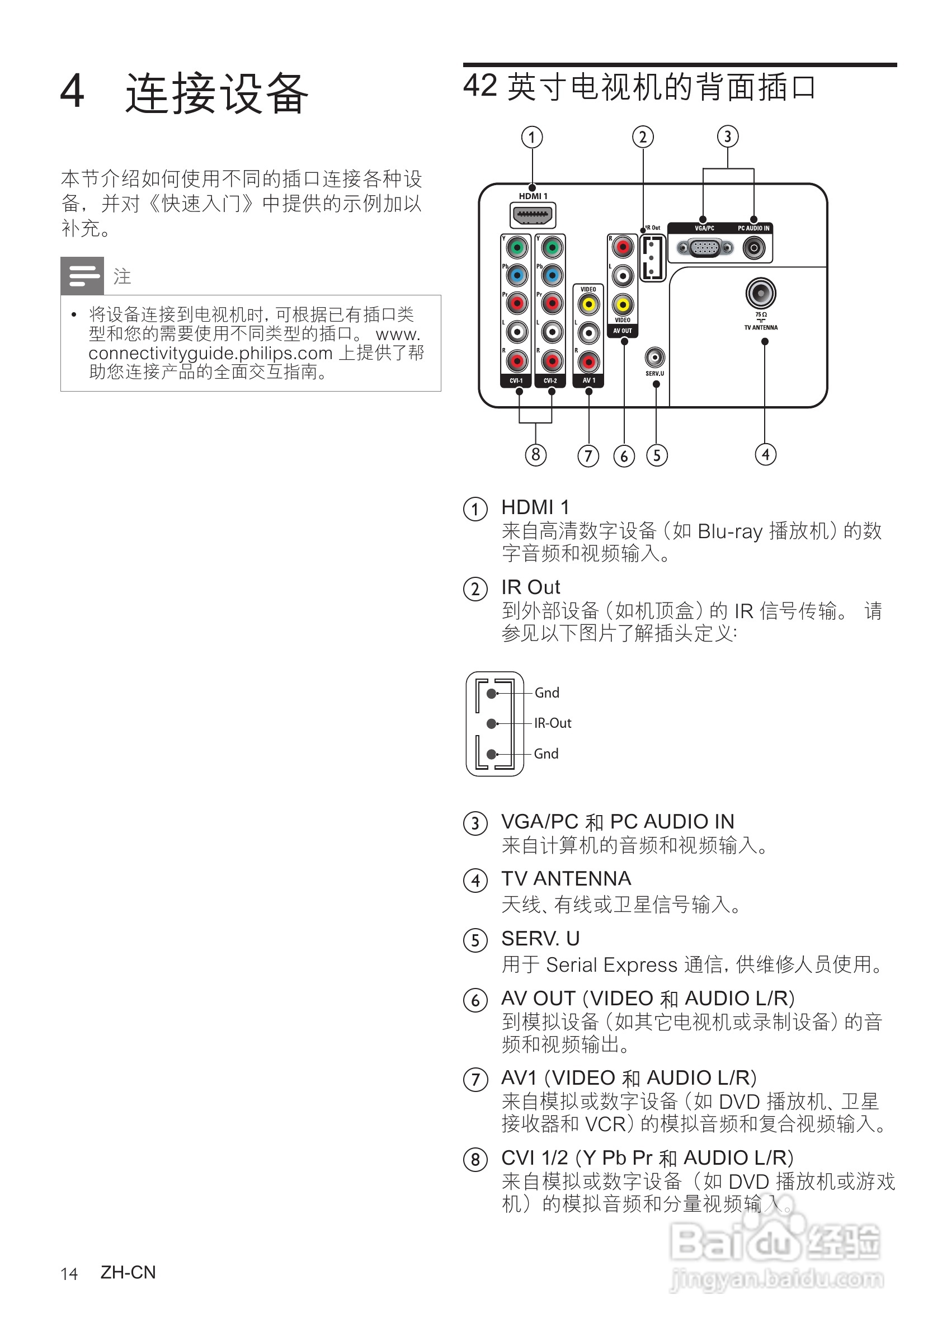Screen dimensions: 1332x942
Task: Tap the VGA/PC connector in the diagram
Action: coord(704,248)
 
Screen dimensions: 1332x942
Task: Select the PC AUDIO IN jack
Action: coord(753,248)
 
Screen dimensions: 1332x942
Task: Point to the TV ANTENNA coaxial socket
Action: coord(760,293)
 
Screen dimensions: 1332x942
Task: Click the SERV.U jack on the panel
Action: coord(655,357)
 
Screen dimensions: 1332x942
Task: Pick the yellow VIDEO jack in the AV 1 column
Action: coord(588,304)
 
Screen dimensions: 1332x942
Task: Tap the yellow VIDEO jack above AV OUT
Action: coord(623,304)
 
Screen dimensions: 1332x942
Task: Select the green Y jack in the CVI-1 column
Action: coord(516,248)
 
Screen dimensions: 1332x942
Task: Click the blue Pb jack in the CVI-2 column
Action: coord(552,275)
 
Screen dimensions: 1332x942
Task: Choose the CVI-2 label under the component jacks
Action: coord(550,380)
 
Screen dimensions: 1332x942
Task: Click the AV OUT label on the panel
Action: coord(623,331)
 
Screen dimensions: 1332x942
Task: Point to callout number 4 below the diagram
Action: coord(765,454)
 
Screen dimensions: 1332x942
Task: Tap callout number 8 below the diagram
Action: coord(535,455)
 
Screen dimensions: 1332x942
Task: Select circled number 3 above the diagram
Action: coord(727,137)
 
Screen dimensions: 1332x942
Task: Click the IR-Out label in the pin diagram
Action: coord(552,723)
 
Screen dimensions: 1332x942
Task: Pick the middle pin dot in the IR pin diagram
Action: coord(491,723)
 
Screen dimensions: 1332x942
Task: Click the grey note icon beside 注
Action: coord(82,276)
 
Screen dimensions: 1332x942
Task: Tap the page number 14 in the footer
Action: coord(69,1274)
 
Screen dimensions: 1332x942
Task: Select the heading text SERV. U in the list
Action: coord(540,938)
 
